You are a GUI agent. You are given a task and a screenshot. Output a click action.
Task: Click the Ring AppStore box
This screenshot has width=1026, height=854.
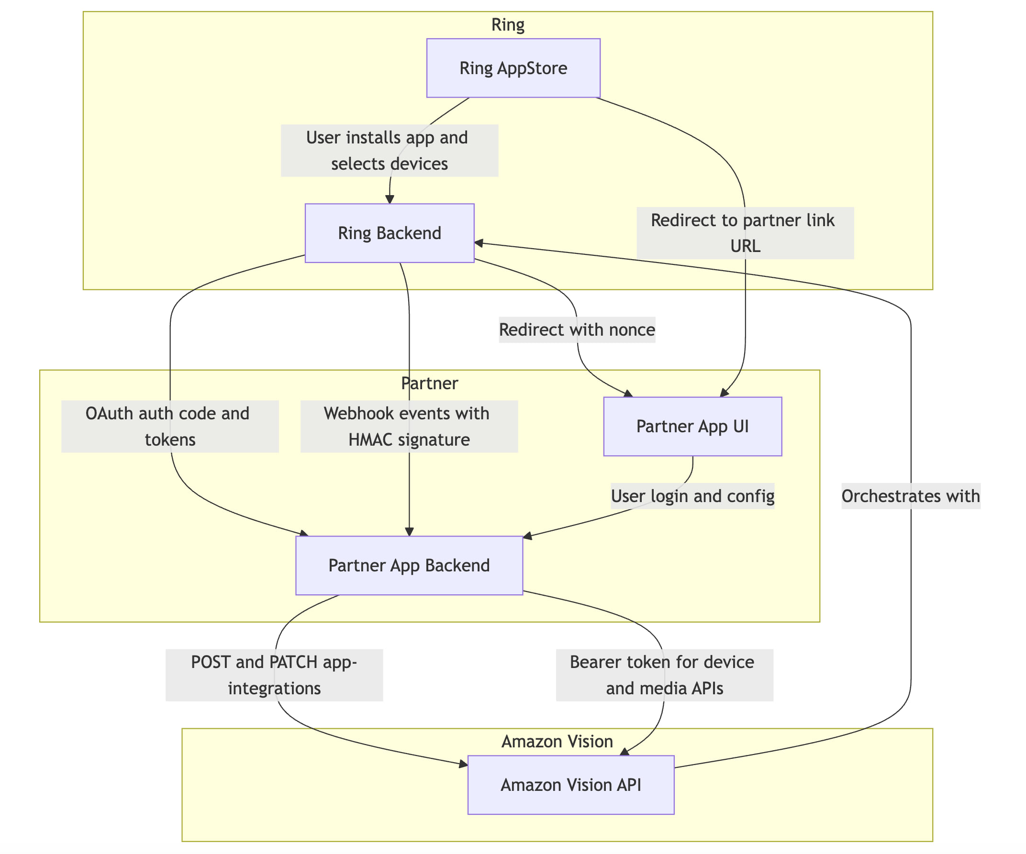coord(513,68)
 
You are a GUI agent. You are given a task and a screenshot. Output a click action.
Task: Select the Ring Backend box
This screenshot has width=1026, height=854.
coord(390,233)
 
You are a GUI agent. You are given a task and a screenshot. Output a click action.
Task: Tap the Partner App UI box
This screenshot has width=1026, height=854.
coord(692,426)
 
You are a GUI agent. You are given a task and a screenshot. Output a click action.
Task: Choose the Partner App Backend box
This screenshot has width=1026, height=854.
coord(409,565)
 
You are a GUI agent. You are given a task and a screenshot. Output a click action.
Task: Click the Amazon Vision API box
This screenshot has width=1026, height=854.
coord(570,784)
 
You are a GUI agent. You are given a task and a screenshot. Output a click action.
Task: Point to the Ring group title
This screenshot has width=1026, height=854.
coord(508,24)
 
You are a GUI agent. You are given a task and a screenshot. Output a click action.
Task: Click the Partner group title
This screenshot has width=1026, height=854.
coord(429,383)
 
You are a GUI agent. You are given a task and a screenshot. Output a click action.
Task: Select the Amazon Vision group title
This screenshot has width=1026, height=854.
coord(557,741)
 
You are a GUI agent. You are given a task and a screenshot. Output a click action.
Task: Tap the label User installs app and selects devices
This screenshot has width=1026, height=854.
coord(390,151)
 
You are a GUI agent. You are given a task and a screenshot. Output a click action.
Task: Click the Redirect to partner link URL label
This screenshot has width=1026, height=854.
coord(745,233)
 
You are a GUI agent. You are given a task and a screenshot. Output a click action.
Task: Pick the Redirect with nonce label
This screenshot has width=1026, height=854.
coord(577,329)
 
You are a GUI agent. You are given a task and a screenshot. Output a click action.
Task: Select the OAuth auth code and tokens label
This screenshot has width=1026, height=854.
coord(169,426)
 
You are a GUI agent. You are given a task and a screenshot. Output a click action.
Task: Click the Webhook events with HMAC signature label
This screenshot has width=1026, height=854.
coord(409,426)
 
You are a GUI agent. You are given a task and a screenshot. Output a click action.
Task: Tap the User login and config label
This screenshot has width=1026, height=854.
coord(692,495)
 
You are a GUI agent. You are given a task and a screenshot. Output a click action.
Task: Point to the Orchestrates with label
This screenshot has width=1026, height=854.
coord(911,495)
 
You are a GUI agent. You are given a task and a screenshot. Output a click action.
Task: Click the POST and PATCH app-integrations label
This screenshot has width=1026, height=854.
coord(274,675)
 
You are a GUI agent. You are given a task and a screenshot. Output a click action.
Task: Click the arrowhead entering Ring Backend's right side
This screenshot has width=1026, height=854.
coord(479,243)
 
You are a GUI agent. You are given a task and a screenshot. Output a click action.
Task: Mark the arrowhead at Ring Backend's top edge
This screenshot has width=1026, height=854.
coord(390,199)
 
